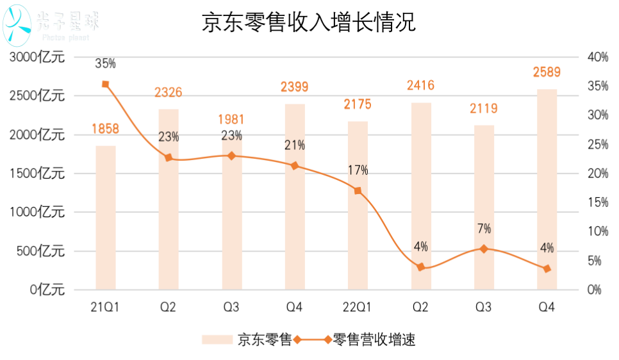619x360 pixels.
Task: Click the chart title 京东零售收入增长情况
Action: coord(309,23)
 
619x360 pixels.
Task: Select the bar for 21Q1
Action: coord(106,218)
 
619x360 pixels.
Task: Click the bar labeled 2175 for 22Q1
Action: coord(358,205)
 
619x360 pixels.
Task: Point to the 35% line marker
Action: coord(106,84)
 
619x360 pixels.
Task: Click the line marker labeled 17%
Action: coord(358,190)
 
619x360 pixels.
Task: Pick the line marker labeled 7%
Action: coord(484,249)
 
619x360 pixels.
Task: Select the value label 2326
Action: coord(169,93)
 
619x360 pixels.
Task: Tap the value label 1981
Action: coord(231,119)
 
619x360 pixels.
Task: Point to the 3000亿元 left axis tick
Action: coord(37,58)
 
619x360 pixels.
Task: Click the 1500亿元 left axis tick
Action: coord(37,174)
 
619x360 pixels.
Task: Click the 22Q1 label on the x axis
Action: coord(358,308)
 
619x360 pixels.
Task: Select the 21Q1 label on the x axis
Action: coord(106,308)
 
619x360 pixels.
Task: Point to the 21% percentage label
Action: coord(295,145)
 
